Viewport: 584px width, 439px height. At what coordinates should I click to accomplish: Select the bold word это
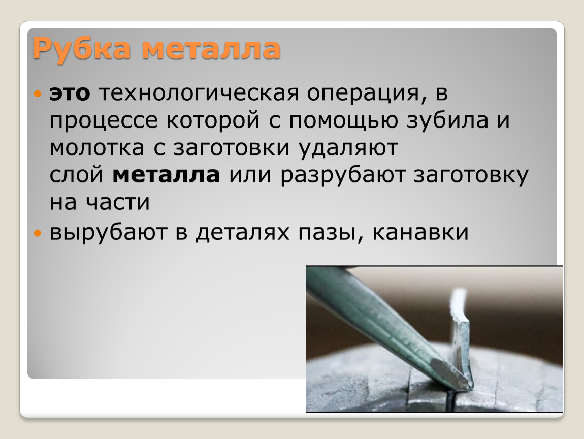coord(70,93)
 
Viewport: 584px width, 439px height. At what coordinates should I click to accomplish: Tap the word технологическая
coord(199,93)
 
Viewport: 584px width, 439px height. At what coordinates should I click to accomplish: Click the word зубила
coord(447,119)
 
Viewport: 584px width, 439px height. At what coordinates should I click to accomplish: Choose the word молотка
coord(97,148)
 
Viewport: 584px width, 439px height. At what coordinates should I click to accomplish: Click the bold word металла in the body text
coord(166,175)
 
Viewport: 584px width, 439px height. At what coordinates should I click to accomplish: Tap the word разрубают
coord(343,176)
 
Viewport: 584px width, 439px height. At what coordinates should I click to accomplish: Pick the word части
coord(118,203)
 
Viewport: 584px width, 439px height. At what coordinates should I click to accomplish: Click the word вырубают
coord(108,233)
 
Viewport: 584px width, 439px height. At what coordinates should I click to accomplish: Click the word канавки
coord(420,233)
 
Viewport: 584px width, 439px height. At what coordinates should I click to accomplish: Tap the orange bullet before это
coord(37,93)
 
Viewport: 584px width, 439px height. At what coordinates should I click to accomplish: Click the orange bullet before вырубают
coord(37,234)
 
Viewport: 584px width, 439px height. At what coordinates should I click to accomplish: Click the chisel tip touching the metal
coord(469,386)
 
